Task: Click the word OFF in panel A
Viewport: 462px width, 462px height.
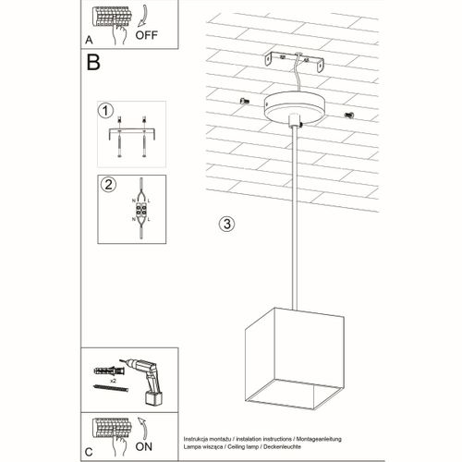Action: coord(149,36)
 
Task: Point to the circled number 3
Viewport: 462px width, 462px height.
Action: coord(226,224)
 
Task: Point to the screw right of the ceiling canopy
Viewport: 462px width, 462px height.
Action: coord(348,115)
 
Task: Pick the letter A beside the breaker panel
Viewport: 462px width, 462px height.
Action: coord(90,40)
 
